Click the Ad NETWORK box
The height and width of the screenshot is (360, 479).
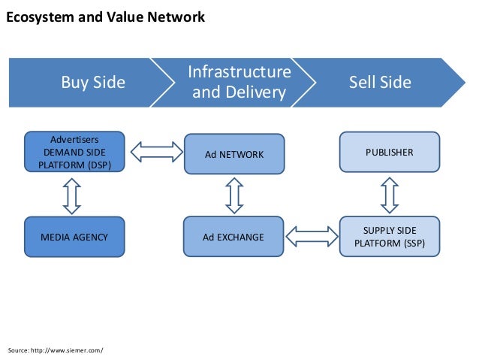click(x=234, y=155)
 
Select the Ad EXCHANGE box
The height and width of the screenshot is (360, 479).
click(x=233, y=237)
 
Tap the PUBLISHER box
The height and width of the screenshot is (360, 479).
click(x=389, y=153)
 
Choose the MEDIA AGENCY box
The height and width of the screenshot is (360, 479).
click(x=74, y=237)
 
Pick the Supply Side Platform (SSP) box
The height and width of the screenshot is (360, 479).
click(x=389, y=237)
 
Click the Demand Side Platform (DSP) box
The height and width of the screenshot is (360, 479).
click(x=74, y=153)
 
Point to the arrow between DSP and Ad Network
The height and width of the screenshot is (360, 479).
click(x=156, y=151)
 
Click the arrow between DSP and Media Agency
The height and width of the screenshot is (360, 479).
click(x=72, y=195)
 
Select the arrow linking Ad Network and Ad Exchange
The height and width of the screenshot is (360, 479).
click(x=234, y=195)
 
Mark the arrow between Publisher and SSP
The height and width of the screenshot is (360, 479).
click(x=389, y=194)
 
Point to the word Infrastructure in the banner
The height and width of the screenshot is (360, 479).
click(x=239, y=72)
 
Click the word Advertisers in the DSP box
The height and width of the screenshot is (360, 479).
click(x=74, y=139)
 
